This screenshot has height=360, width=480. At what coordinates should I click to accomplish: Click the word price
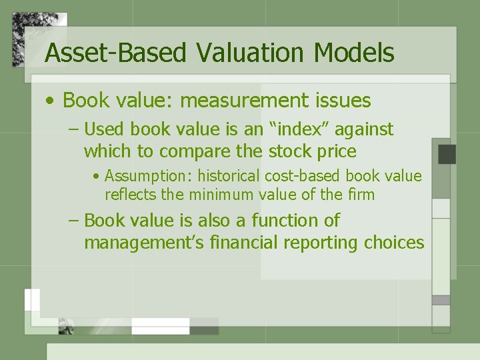337,152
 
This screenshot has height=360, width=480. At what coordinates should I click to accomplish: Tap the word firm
361,195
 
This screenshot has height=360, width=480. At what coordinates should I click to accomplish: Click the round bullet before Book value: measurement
51,101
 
